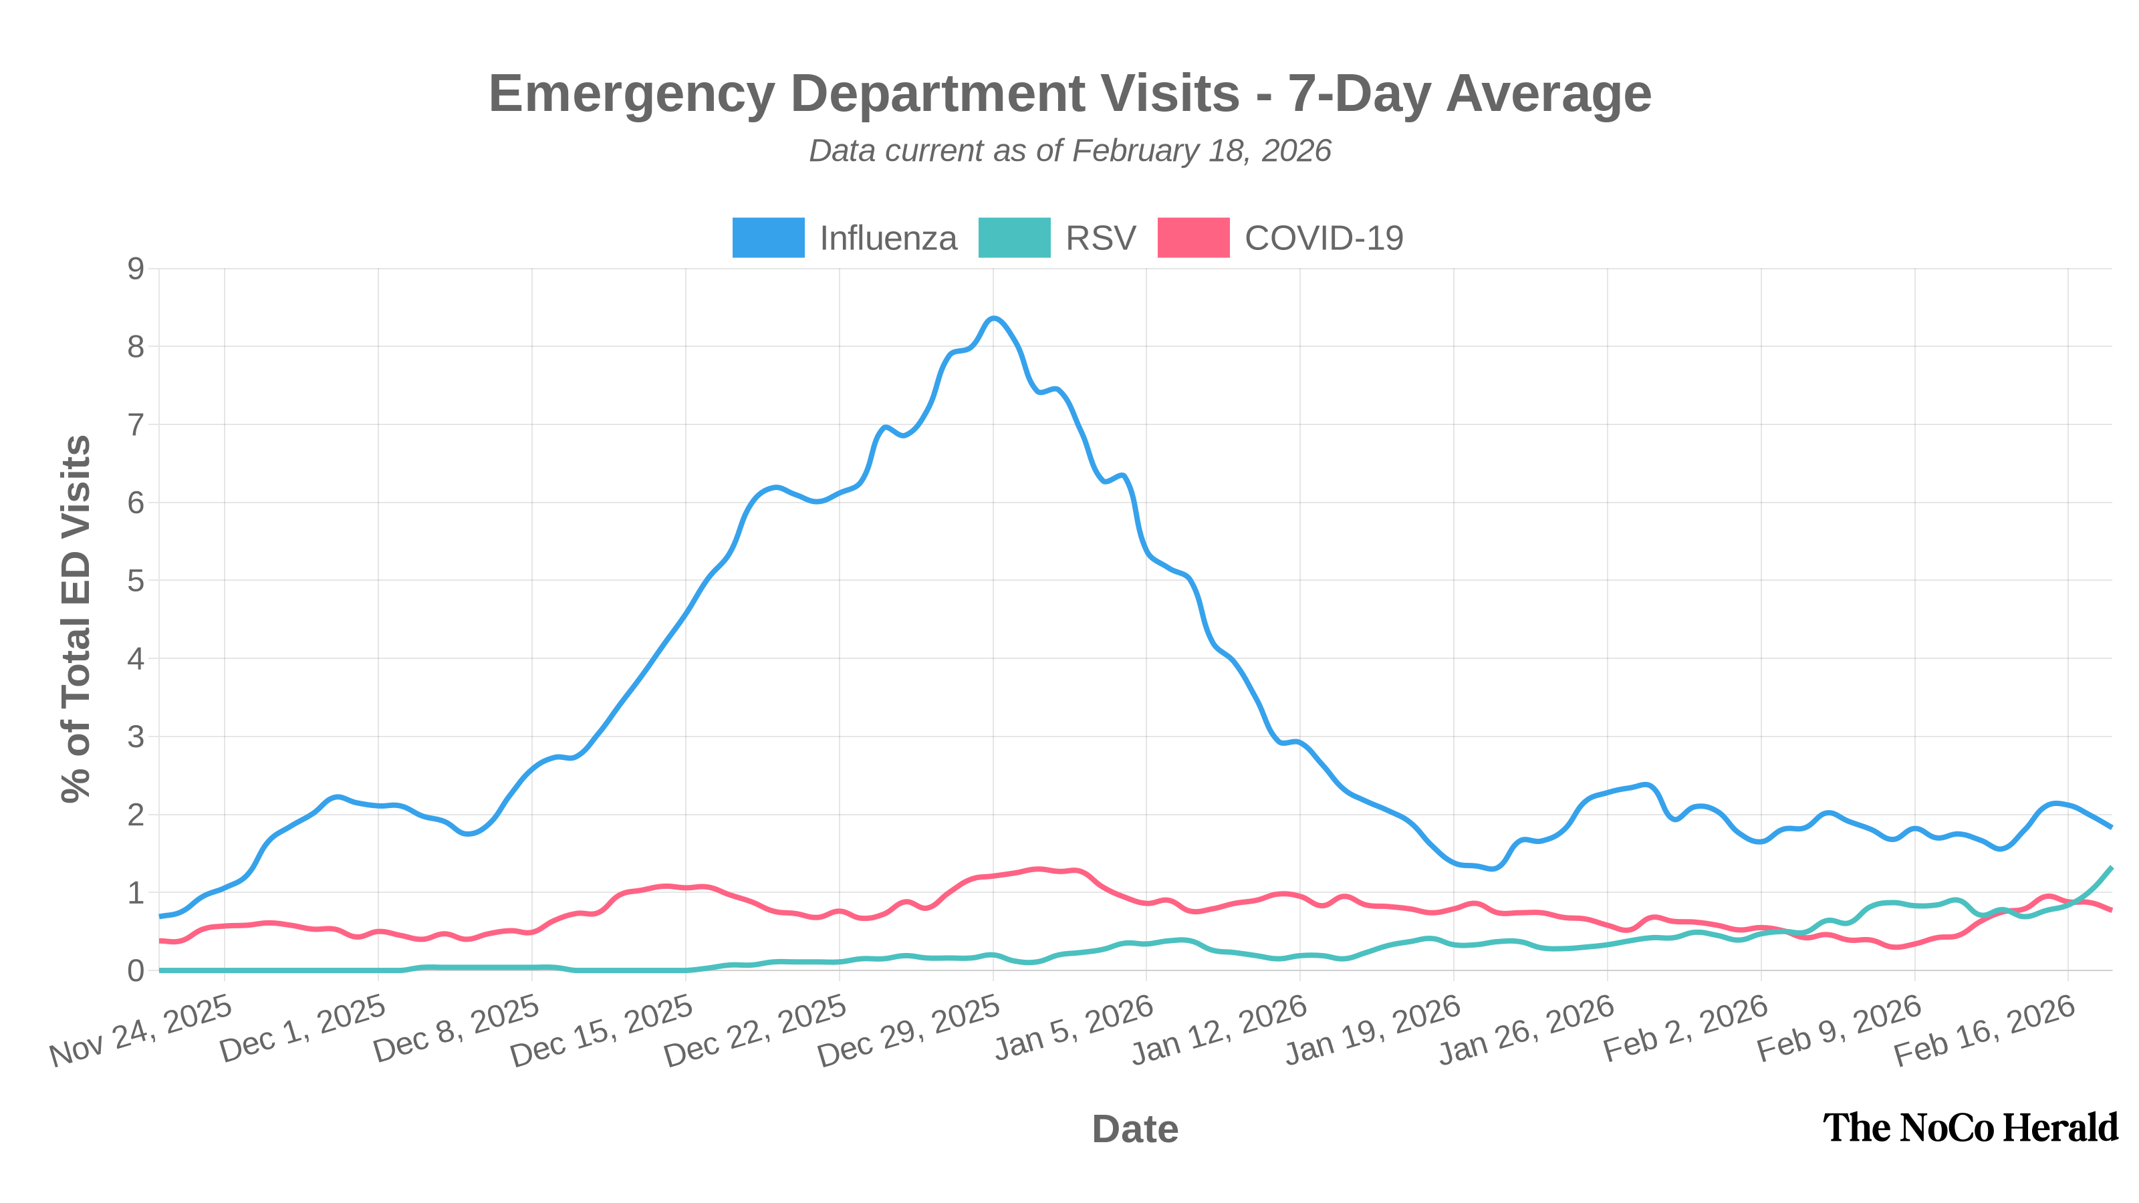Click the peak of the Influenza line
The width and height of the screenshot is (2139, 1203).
(993, 319)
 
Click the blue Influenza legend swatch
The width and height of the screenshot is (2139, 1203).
(768, 237)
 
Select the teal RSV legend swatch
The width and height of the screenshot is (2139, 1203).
(1014, 237)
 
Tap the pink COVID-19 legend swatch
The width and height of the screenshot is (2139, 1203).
(1193, 237)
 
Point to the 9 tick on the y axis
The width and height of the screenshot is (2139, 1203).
(135, 268)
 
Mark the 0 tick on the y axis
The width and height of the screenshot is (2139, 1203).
(135, 970)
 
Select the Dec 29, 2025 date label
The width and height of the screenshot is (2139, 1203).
(908, 1031)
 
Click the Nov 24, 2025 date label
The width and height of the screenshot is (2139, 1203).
(140, 1031)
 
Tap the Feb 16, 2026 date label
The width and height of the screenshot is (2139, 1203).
(1984, 1031)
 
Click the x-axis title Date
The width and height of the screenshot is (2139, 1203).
(1135, 1129)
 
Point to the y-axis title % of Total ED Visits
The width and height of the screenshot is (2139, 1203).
(76, 618)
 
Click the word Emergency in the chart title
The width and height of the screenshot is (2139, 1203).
(631, 93)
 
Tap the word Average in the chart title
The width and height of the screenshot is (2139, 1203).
(1549, 93)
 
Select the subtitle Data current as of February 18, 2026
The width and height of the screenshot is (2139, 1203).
(1069, 151)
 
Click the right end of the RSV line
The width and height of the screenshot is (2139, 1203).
(2111, 867)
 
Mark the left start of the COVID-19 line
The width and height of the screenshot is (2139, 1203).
(161, 940)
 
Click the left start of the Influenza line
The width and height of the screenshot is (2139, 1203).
(161, 916)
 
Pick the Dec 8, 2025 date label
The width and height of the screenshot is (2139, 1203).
(457, 1031)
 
